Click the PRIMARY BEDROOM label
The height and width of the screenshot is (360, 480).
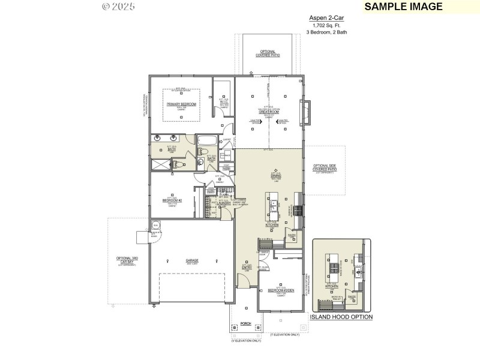(x=181, y=104)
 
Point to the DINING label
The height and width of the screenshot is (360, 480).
(x=276, y=176)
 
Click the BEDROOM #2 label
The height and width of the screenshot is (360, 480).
(x=172, y=200)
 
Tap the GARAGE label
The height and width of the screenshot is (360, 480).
(x=192, y=260)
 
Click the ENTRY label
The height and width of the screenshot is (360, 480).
(x=246, y=268)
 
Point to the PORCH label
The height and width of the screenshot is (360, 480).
(x=245, y=323)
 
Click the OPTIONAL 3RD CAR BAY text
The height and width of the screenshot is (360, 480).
(x=128, y=260)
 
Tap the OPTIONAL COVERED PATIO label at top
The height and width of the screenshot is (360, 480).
(x=268, y=53)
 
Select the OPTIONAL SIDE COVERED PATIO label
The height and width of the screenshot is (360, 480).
(x=325, y=168)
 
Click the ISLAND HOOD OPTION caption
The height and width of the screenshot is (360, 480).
(x=341, y=317)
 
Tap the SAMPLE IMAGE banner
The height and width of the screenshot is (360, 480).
(x=403, y=7)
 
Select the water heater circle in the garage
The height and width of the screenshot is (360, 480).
(x=156, y=226)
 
